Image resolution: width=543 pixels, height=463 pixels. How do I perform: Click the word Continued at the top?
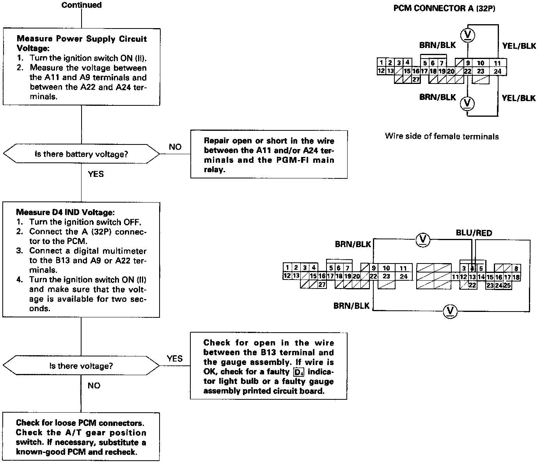click(82, 5)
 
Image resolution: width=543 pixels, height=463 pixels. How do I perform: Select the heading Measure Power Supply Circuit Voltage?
click(82, 43)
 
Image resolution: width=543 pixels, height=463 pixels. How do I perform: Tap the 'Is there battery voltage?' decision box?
click(81, 154)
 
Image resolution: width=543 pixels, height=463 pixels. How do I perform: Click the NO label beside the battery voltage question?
click(175, 147)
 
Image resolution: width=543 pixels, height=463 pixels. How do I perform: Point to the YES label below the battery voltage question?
click(96, 174)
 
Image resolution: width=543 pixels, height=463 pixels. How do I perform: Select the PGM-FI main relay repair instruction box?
click(269, 155)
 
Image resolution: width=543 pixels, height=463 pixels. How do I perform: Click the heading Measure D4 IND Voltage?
click(66, 213)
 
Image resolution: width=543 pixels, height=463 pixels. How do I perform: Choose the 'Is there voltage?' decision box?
click(81, 366)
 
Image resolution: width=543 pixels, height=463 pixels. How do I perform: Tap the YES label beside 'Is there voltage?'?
click(174, 358)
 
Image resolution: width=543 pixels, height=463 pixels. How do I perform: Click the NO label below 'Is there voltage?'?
click(94, 386)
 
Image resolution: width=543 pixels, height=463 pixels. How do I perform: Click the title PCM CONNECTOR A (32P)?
click(444, 9)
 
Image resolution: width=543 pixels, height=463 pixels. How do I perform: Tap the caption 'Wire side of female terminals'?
click(442, 137)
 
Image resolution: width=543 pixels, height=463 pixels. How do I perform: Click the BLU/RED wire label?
click(474, 233)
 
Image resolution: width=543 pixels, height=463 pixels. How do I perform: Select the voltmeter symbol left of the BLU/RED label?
click(422, 239)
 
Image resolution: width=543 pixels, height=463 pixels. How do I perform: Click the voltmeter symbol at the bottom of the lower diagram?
click(451, 311)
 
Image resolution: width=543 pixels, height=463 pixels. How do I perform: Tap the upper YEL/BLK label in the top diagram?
click(519, 46)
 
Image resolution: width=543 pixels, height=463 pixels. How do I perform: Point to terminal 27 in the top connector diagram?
click(416, 79)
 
